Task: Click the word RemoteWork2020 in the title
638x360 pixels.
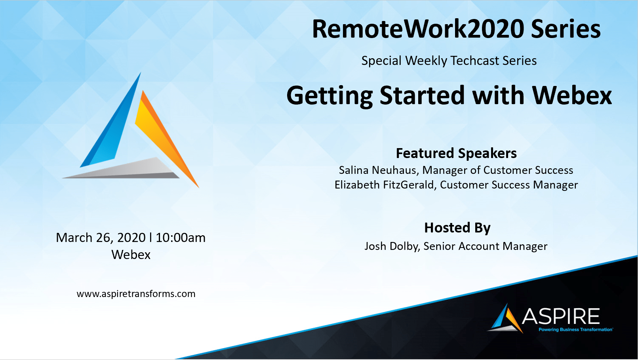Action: point(418,29)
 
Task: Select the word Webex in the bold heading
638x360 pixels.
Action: point(572,95)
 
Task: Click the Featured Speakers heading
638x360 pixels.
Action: point(456,153)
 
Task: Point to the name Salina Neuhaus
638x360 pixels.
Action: point(378,170)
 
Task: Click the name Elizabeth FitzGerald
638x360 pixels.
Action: point(384,185)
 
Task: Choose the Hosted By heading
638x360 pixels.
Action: point(457,228)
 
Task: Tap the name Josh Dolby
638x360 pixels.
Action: point(392,246)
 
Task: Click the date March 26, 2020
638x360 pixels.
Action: point(101,238)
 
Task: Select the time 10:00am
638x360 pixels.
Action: point(181,238)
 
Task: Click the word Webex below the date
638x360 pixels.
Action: point(131,255)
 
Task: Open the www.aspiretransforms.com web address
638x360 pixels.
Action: point(136,294)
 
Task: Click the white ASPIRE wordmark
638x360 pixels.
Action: point(561,316)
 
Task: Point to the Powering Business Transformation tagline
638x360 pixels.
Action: point(575,330)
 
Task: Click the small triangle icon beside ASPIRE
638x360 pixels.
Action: point(505,318)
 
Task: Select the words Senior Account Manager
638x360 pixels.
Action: point(486,246)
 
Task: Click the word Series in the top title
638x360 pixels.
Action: point(566,29)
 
